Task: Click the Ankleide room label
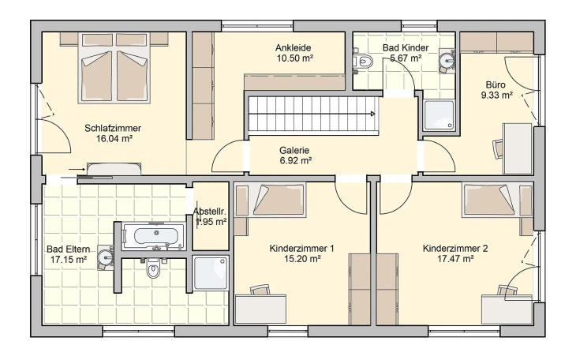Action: [294, 48]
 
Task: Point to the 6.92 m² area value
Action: [296, 161]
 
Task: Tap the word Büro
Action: [496, 85]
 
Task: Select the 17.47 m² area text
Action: [455, 259]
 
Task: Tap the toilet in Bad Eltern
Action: [152, 268]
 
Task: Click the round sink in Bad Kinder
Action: [447, 60]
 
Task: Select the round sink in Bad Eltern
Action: [106, 257]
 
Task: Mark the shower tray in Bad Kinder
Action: [439, 114]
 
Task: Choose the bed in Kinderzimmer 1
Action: [269, 200]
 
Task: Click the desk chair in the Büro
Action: [497, 149]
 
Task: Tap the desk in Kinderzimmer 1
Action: [260, 309]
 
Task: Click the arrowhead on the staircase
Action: [373, 114]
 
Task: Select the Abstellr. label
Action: [209, 212]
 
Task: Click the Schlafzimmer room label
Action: [113, 129]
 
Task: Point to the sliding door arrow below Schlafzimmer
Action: [77, 169]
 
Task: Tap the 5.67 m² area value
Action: [406, 58]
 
